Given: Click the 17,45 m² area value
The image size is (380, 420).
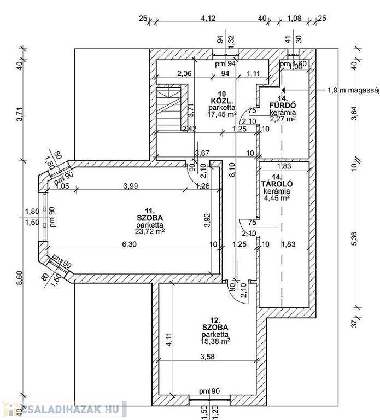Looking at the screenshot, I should (x=222, y=114).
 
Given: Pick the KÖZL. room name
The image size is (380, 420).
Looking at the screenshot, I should (x=222, y=101).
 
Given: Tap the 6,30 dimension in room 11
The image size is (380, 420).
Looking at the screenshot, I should (x=129, y=244).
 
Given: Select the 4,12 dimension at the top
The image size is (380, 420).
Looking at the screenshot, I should (x=208, y=19).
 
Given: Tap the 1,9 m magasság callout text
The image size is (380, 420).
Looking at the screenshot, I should (x=353, y=90).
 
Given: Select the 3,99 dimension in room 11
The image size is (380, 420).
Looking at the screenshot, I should (x=130, y=186).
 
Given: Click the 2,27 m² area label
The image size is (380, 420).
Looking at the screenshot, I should (x=282, y=119).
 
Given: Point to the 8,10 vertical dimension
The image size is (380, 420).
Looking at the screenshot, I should (x=233, y=180).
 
